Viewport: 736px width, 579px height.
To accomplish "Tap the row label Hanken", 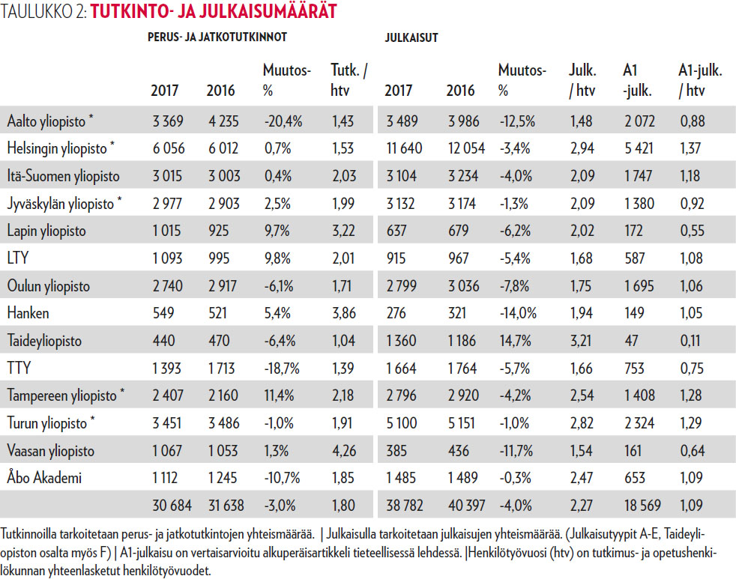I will pyautogui.click(x=27, y=314).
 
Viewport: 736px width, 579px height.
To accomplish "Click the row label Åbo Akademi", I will pyautogui.click(x=43, y=479).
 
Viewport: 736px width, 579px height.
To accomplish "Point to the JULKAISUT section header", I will pyautogui.click(x=411, y=37).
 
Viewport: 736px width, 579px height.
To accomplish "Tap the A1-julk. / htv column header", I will pyautogui.click(x=700, y=80).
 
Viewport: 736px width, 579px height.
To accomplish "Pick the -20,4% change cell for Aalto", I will pyautogui.click(x=283, y=121).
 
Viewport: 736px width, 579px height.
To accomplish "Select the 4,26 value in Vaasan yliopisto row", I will pyautogui.click(x=343, y=452).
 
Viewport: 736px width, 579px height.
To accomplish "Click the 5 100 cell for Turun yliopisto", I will pyautogui.click(x=402, y=424).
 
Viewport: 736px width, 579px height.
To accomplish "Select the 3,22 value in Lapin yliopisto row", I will pyautogui.click(x=343, y=231).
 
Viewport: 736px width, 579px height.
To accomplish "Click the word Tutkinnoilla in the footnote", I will pyautogui.click(x=32, y=536).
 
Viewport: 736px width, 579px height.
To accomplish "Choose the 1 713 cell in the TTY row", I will pyautogui.click(x=222, y=369).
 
